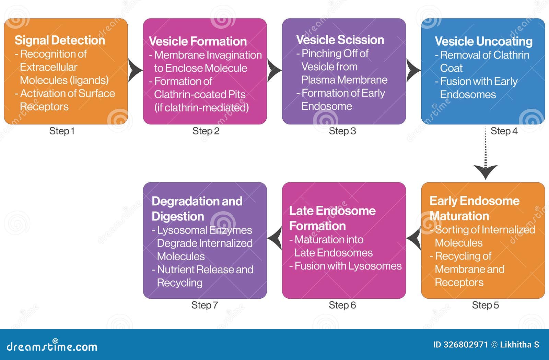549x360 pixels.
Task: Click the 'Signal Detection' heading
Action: (60, 40)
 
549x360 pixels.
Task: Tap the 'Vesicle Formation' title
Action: (198, 41)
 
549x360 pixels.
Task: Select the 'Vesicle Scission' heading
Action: (340, 40)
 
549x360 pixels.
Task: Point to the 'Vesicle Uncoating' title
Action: (483, 41)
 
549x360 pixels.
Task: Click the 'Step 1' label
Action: (62, 131)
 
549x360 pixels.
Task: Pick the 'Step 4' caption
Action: (504, 131)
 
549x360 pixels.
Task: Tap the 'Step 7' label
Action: (205, 305)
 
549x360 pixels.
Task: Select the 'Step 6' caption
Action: (342, 305)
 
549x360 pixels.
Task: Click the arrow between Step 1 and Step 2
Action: (135, 71)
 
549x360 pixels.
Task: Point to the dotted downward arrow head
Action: (485, 171)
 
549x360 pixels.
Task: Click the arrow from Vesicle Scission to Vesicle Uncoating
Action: (413, 71)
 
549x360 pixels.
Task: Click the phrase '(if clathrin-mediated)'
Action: (201, 108)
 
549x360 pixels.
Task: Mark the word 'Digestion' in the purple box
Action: (178, 217)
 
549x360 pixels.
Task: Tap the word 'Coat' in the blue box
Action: (451, 68)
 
